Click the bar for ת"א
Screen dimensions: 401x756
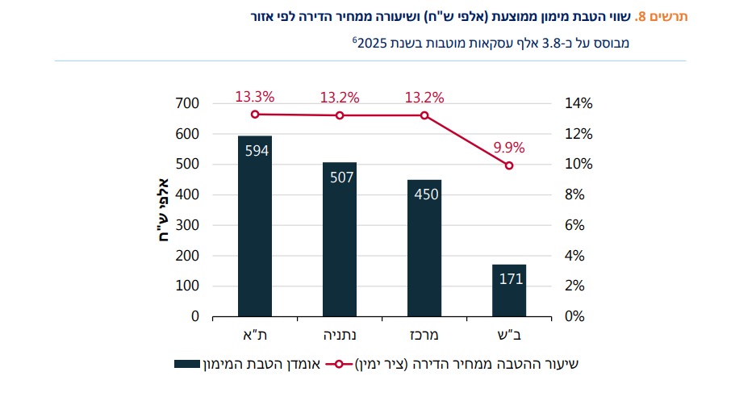tap(255, 226)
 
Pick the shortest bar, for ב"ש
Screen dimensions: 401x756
tap(509, 290)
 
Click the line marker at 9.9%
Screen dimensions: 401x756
tap(509, 165)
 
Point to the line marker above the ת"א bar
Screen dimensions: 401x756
tap(255, 114)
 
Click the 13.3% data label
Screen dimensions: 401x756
tap(255, 97)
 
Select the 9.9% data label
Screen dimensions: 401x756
tap(509, 148)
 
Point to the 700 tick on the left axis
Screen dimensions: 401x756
tap(187, 103)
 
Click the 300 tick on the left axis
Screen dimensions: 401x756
tap(187, 225)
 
